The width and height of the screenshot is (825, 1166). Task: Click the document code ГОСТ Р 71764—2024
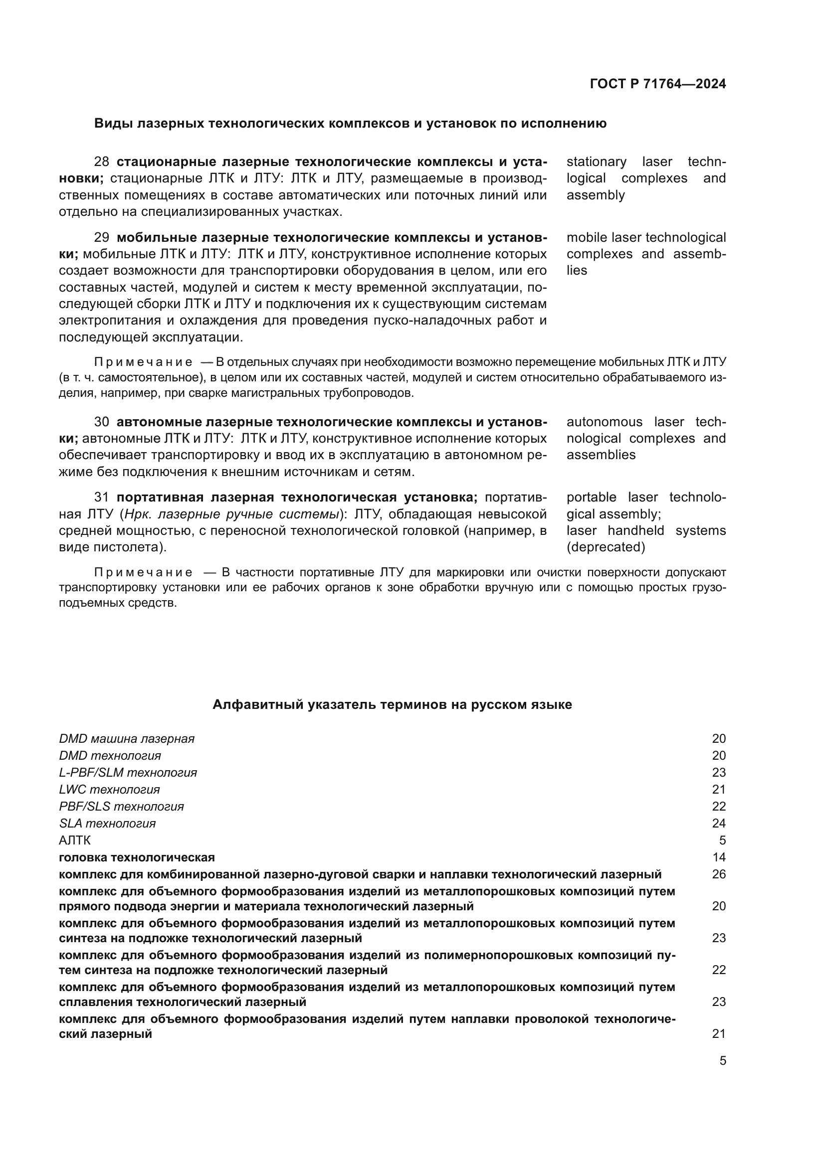[x=657, y=84]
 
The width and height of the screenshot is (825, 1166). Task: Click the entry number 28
[x=102, y=162]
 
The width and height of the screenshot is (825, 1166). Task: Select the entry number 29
[x=102, y=238]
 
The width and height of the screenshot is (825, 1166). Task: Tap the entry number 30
[x=102, y=422]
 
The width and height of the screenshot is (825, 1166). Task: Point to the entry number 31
[x=102, y=498]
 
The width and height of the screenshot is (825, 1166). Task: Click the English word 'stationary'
[x=596, y=162]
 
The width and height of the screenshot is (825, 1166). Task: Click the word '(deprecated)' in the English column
[x=606, y=547]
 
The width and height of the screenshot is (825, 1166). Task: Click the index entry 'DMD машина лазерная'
[x=127, y=739]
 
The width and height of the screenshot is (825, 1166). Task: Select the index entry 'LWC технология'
[x=109, y=790]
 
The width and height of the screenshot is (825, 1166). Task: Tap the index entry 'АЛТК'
[x=75, y=840]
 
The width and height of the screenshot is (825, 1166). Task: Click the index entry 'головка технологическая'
[x=137, y=858]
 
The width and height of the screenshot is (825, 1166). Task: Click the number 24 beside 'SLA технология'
[x=718, y=824]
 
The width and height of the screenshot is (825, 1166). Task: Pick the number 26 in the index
[x=718, y=874]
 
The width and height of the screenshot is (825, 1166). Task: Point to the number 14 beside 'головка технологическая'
[x=718, y=858]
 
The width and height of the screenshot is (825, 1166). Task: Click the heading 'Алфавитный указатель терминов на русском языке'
[x=392, y=705]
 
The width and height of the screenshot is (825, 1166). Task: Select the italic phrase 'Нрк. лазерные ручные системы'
[x=231, y=514]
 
